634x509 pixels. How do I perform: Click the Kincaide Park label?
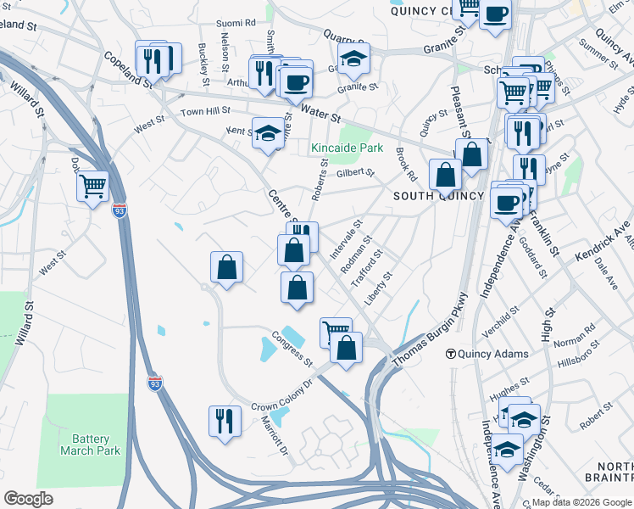347,148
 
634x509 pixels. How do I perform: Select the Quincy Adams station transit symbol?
452,354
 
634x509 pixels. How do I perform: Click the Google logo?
28,498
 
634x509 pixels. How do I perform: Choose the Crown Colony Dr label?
282,395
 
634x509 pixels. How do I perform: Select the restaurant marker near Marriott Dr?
225,422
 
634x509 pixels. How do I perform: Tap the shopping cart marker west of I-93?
93,187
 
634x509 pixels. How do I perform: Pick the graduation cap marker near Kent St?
268,133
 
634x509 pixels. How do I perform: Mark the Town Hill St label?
205,111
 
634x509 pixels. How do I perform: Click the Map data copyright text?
581,502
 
